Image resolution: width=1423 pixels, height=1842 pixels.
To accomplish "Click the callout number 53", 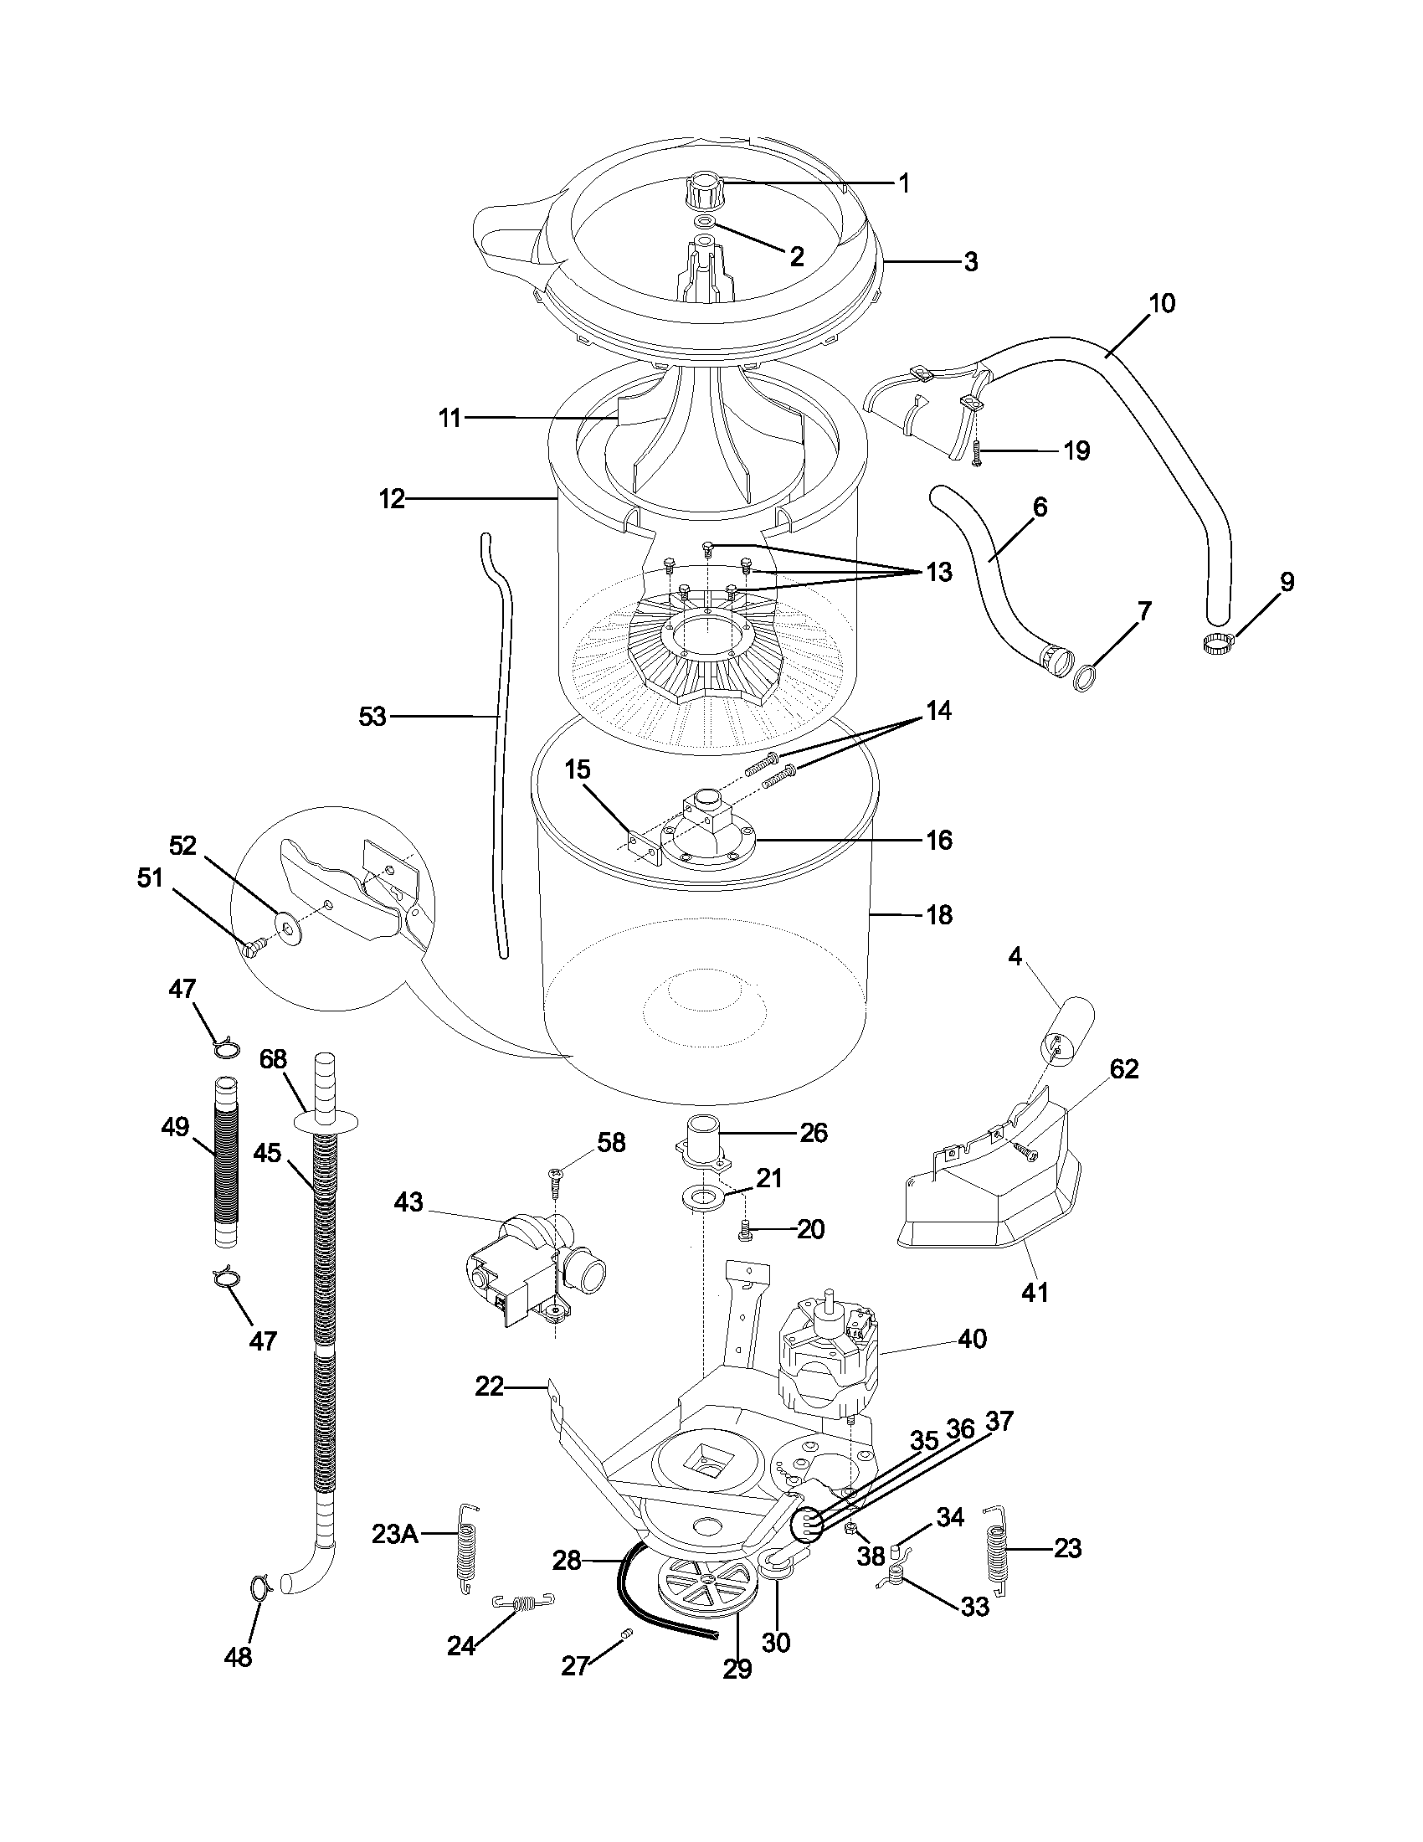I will [x=372, y=717].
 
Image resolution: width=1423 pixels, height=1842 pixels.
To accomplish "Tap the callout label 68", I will [x=273, y=1059].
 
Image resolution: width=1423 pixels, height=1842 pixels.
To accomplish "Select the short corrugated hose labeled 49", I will [x=224, y=1160].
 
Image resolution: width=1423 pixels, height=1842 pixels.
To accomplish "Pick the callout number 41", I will [x=1035, y=1291].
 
